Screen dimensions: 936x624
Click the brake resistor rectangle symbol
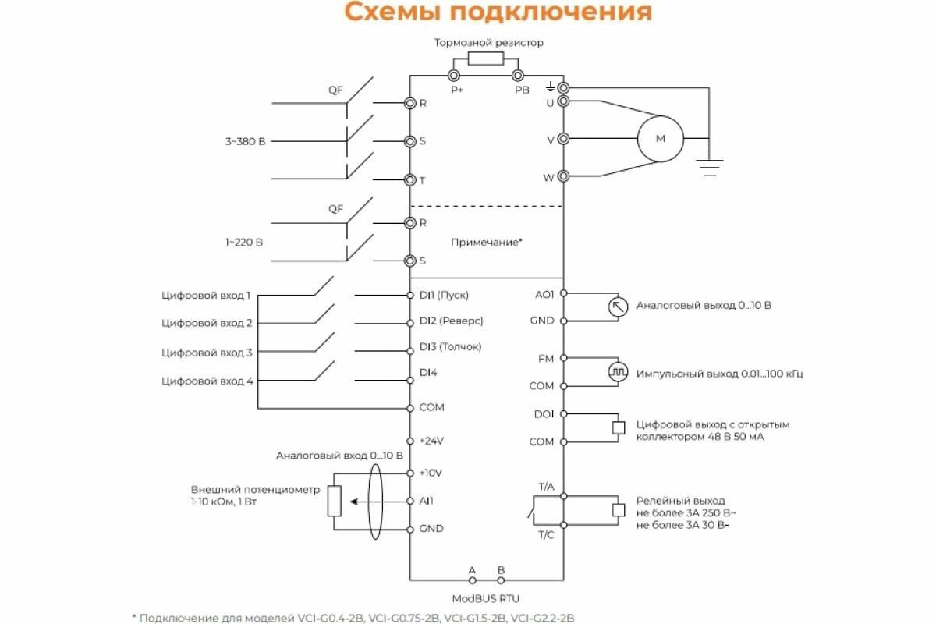(x=485, y=58)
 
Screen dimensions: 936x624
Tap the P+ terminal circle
(x=454, y=76)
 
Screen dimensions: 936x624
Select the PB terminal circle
(x=518, y=76)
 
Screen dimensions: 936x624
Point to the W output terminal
(x=563, y=176)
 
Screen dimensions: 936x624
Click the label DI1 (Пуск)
(x=444, y=295)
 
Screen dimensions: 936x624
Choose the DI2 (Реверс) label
(x=452, y=321)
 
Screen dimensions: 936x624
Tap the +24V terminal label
(x=431, y=441)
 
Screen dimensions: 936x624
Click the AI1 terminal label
(x=426, y=501)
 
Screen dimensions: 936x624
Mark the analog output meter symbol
(x=618, y=307)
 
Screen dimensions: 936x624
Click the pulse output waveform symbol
(x=618, y=371)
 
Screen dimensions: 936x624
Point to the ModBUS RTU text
(x=485, y=598)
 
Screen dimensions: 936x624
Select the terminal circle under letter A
(x=473, y=580)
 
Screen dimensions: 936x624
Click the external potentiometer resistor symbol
(x=335, y=501)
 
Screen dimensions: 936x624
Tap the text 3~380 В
(x=245, y=141)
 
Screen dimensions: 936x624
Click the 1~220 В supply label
(x=244, y=243)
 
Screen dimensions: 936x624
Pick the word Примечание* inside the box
(x=487, y=243)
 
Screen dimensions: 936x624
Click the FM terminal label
(x=546, y=359)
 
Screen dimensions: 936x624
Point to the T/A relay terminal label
(x=546, y=487)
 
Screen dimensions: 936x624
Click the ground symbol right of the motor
(x=710, y=168)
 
